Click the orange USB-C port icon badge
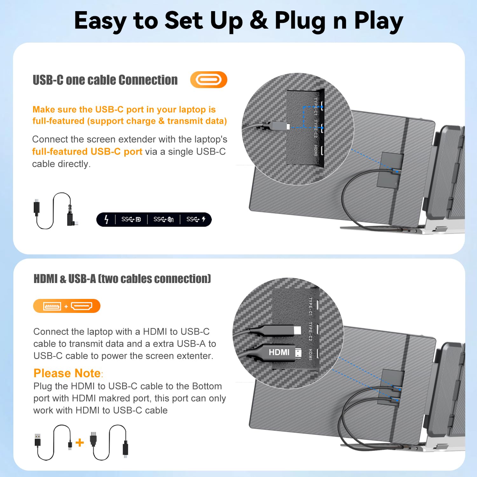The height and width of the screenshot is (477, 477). pyautogui.click(x=209, y=79)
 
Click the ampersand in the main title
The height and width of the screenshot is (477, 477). pyautogui.click(x=259, y=20)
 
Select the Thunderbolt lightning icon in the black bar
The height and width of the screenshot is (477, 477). pyautogui.click(x=107, y=219)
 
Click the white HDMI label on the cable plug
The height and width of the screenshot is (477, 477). pyautogui.click(x=279, y=352)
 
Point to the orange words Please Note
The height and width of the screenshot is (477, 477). pyautogui.click(x=67, y=373)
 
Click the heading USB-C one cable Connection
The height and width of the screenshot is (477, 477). pyautogui.click(x=105, y=80)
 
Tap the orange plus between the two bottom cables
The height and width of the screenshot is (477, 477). pyautogui.click(x=80, y=442)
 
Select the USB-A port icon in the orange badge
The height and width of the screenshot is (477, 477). pyautogui.click(x=52, y=306)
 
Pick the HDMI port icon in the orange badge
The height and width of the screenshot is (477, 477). pyautogui.click(x=81, y=306)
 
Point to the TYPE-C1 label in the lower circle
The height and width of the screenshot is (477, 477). pyautogui.click(x=310, y=307)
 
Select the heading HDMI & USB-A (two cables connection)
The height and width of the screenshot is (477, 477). pyautogui.click(x=122, y=279)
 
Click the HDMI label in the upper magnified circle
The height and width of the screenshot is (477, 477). pyautogui.click(x=315, y=150)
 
